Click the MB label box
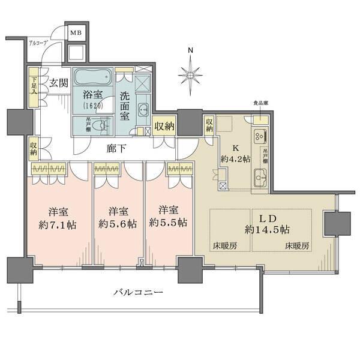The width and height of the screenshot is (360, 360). coord(76,34)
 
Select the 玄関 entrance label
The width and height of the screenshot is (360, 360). coord(58,83)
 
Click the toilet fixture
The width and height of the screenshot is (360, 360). coord(103,126)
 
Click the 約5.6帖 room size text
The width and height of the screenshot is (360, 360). coord(118,223)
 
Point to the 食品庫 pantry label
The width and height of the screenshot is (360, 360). coord(260,103)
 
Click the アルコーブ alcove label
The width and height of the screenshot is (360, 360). coord(38,43)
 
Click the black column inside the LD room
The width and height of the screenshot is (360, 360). coord(332,224)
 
